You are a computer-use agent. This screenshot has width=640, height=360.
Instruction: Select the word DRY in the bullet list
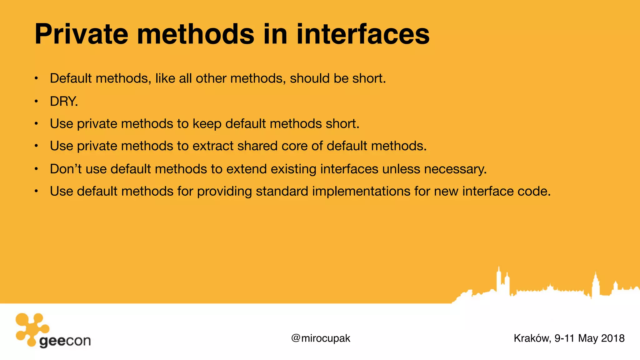pyautogui.click(x=63, y=101)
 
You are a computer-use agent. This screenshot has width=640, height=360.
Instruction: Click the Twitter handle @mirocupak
pyautogui.click(x=321, y=338)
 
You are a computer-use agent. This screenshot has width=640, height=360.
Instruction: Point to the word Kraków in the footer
pyautogui.click(x=531, y=338)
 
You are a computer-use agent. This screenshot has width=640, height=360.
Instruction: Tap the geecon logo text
pyautogui.click(x=65, y=341)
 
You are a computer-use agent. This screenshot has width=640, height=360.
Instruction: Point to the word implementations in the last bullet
pyautogui.click(x=361, y=191)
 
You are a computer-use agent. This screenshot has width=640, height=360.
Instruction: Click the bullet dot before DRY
pyautogui.click(x=36, y=101)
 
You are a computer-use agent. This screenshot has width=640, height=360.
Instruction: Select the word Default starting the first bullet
pyautogui.click(x=71, y=78)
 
